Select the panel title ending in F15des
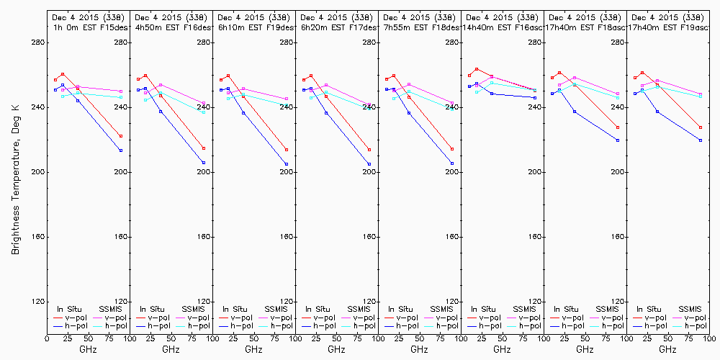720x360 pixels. (88, 27)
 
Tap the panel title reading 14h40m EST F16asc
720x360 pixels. (502, 27)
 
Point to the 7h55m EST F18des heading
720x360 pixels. (419, 27)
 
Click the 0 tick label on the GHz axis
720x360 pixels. (47, 336)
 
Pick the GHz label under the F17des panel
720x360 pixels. (336, 349)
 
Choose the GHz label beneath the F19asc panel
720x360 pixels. (667, 349)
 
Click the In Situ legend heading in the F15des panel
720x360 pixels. (71, 309)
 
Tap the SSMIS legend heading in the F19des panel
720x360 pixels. (276, 309)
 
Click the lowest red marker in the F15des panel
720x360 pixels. (121, 136)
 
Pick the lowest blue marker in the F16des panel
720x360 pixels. (204, 163)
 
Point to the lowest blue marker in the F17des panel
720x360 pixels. (369, 164)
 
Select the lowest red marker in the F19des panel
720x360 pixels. (287, 150)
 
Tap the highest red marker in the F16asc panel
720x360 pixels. (477, 69)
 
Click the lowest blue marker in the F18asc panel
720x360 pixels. (618, 140)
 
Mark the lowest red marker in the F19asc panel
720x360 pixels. (701, 127)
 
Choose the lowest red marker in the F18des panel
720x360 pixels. (452, 149)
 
